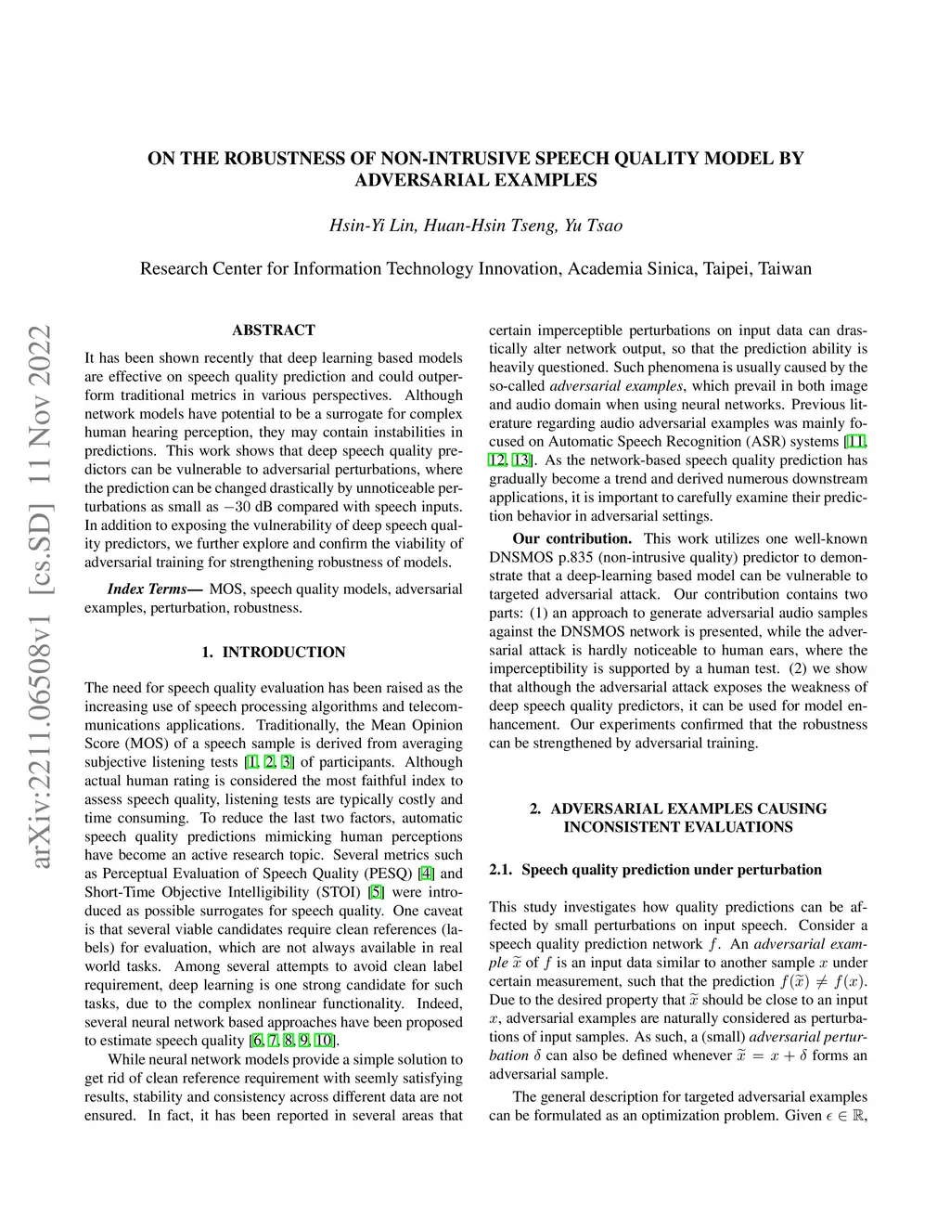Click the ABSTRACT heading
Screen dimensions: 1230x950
click(x=274, y=330)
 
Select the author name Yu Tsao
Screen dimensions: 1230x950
click(x=593, y=226)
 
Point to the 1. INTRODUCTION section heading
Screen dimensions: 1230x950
click(x=274, y=653)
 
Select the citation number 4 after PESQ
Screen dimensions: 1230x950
click(x=427, y=874)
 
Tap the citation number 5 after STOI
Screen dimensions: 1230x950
click(x=376, y=892)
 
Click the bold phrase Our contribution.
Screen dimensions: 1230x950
click(x=571, y=539)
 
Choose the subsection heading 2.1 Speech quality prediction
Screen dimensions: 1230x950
click(x=655, y=870)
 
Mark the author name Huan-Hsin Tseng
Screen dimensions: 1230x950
click(x=489, y=226)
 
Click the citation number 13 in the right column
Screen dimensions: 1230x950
click(x=522, y=460)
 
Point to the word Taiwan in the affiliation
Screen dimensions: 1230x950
click(x=784, y=269)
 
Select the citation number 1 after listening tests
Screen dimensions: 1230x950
click(x=251, y=762)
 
